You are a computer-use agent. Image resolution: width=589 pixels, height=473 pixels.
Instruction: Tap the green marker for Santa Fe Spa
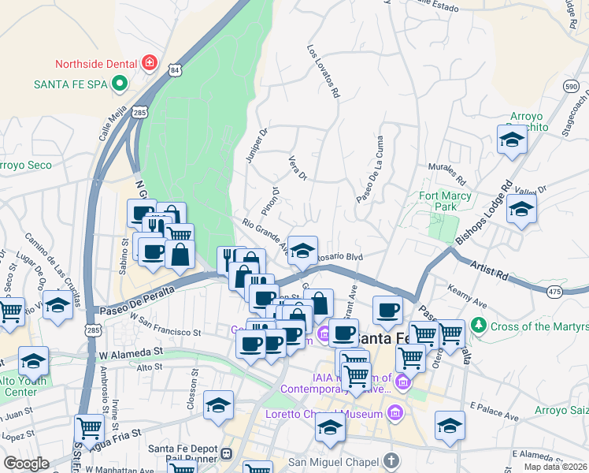[x=120, y=82]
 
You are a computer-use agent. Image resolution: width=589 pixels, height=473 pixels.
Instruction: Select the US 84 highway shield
[x=174, y=70]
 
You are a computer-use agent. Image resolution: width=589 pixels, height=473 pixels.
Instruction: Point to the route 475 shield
[x=555, y=292]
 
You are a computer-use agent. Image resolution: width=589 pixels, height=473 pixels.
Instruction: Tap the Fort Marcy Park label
[x=445, y=201]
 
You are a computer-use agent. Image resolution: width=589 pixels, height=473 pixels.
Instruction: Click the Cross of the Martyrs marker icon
[x=478, y=326]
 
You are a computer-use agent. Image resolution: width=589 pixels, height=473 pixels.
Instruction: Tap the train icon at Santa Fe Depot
[x=227, y=453]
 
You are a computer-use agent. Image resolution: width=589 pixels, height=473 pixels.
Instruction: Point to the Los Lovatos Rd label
[x=323, y=71]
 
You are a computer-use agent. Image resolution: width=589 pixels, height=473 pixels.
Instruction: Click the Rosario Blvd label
[x=339, y=256]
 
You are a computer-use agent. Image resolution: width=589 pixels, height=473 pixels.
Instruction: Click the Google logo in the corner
[x=26, y=464]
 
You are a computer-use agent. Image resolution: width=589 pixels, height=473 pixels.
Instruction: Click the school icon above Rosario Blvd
[x=302, y=250]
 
